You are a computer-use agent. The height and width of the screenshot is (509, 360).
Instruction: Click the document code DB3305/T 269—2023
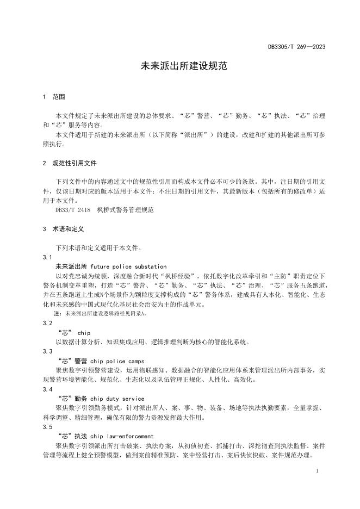tap(296, 47)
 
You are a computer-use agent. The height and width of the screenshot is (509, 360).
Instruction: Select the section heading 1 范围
tap(54, 97)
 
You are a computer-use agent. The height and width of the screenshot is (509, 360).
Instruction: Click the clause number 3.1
tap(47, 257)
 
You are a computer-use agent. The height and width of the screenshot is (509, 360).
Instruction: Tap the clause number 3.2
tap(47, 323)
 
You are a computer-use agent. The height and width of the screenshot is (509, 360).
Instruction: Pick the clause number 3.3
tap(47, 351)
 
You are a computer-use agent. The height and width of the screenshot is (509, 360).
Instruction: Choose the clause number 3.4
tap(47, 389)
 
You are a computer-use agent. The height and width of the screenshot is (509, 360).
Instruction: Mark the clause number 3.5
tap(47, 427)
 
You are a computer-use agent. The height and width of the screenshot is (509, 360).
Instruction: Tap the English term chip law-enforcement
tap(122, 436)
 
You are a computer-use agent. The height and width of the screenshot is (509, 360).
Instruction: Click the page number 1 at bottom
tap(316, 469)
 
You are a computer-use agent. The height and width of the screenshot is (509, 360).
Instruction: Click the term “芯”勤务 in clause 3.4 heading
tap(71, 399)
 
